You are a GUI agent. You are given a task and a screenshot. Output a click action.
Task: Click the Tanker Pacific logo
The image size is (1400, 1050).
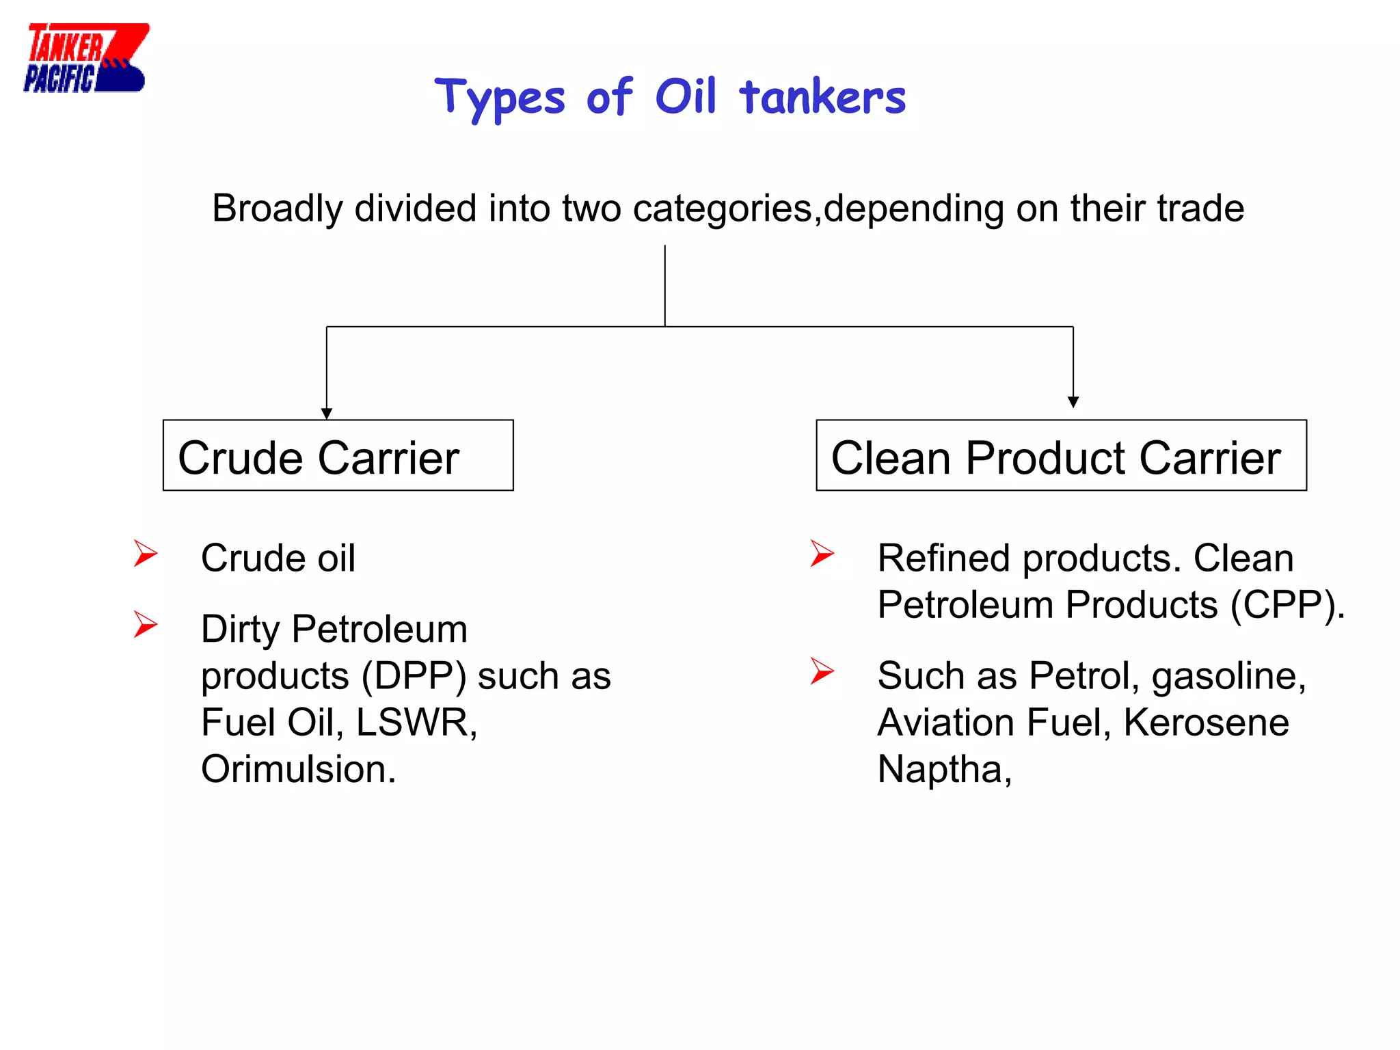pos(85,58)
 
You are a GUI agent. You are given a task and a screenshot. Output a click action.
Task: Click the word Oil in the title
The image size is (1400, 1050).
pos(685,96)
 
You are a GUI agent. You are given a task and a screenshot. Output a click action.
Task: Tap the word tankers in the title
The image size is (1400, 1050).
pos(822,98)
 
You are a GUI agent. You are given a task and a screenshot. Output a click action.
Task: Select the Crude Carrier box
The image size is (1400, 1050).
pos(338,455)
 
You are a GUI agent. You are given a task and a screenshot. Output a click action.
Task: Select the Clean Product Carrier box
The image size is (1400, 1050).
pos(1060,455)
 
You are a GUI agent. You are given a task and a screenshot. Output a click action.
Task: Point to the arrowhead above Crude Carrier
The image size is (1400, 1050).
pos(327,414)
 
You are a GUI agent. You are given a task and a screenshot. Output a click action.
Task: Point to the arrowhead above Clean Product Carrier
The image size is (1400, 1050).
pos(1073,402)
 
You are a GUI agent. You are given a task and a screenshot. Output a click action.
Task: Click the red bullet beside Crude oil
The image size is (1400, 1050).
pos(146,554)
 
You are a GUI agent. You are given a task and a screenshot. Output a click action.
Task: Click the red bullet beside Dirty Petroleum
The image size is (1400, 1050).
pos(146,625)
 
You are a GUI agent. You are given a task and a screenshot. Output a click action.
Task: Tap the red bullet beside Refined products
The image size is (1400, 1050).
pos(822,554)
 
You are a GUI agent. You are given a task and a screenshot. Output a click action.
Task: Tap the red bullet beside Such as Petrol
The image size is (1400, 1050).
pos(822,671)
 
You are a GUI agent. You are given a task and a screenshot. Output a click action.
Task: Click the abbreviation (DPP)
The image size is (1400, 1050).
pos(414,677)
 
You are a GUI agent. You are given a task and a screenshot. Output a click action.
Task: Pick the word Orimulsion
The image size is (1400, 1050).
pos(298,769)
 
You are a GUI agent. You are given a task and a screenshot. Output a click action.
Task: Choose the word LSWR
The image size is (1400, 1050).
pos(416,723)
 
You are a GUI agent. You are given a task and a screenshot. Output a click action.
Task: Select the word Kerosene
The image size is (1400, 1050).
pos(1206,723)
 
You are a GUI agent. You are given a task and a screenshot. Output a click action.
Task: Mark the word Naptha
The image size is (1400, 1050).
pos(943,770)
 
